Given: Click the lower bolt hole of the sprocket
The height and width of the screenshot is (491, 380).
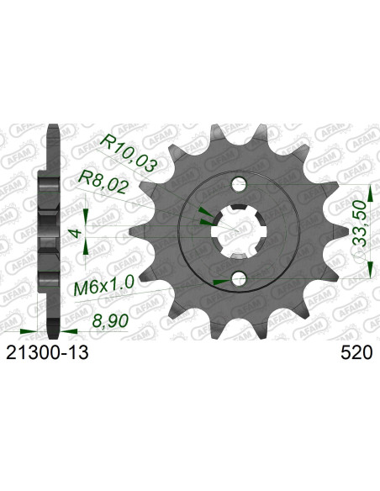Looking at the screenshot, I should coord(238,279).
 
